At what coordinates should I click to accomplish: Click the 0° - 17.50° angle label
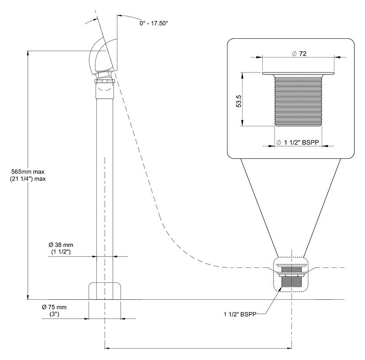(x=153, y=23)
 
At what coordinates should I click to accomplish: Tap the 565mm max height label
(x=28, y=172)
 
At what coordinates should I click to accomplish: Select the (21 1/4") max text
(x=28, y=179)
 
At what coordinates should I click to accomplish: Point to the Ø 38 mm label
(x=61, y=245)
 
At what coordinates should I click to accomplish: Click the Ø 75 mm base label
(x=54, y=307)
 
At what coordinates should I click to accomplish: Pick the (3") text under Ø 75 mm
(x=54, y=314)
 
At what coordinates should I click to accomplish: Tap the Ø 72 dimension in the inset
(x=299, y=54)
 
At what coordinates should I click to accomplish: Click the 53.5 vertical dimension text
(x=239, y=101)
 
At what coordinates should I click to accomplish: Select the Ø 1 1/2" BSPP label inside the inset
(x=297, y=142)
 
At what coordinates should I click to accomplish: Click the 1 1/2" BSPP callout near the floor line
(x=240, y=314)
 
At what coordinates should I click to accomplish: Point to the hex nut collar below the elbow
(x=105, y=81)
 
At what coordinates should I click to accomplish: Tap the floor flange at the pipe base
(x=105, y=291)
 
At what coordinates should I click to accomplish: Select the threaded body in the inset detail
(x=298, y=101)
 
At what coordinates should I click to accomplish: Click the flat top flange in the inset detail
(x=298, y=73)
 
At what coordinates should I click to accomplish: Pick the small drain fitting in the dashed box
(x=291, y=275)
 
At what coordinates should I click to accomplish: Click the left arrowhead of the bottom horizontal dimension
(x=107, y=348)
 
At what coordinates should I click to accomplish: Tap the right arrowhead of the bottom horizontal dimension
(x=289, y=348)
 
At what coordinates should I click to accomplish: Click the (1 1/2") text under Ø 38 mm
(x=61, y=251)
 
